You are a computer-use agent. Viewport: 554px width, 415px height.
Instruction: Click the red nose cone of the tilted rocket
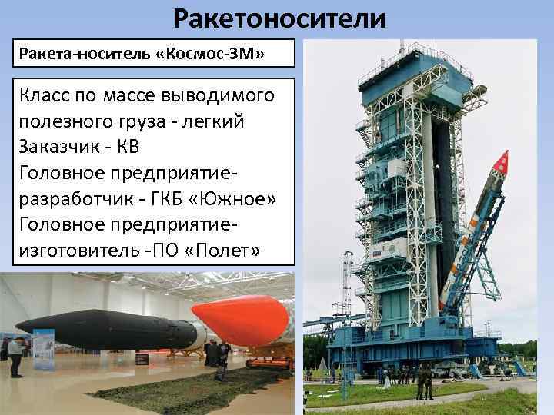pos(502,162)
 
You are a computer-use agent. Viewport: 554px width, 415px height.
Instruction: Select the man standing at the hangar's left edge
pos(15,357)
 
